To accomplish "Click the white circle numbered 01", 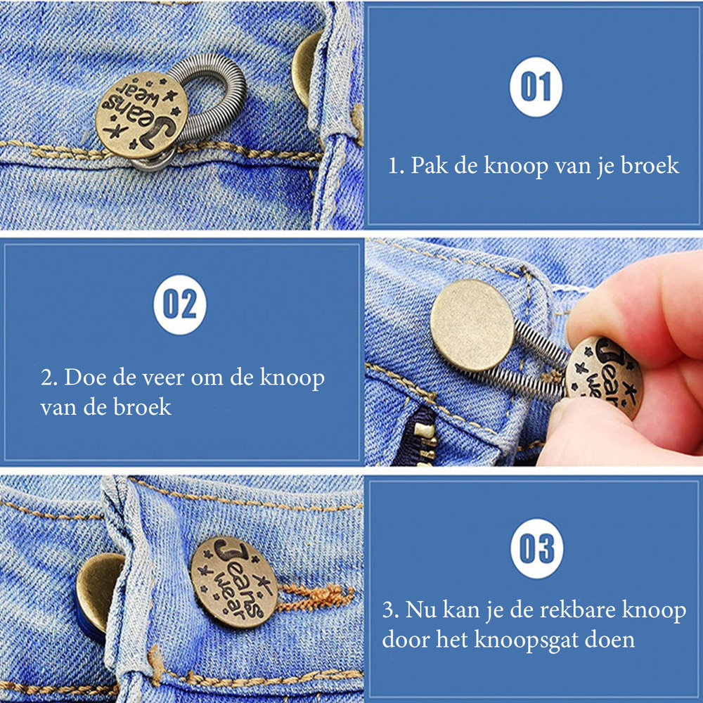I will click(536, 87).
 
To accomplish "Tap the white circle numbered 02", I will click(179, 304).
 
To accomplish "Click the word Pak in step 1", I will click(428, 166).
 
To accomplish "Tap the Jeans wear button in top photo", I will click(142, 115).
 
